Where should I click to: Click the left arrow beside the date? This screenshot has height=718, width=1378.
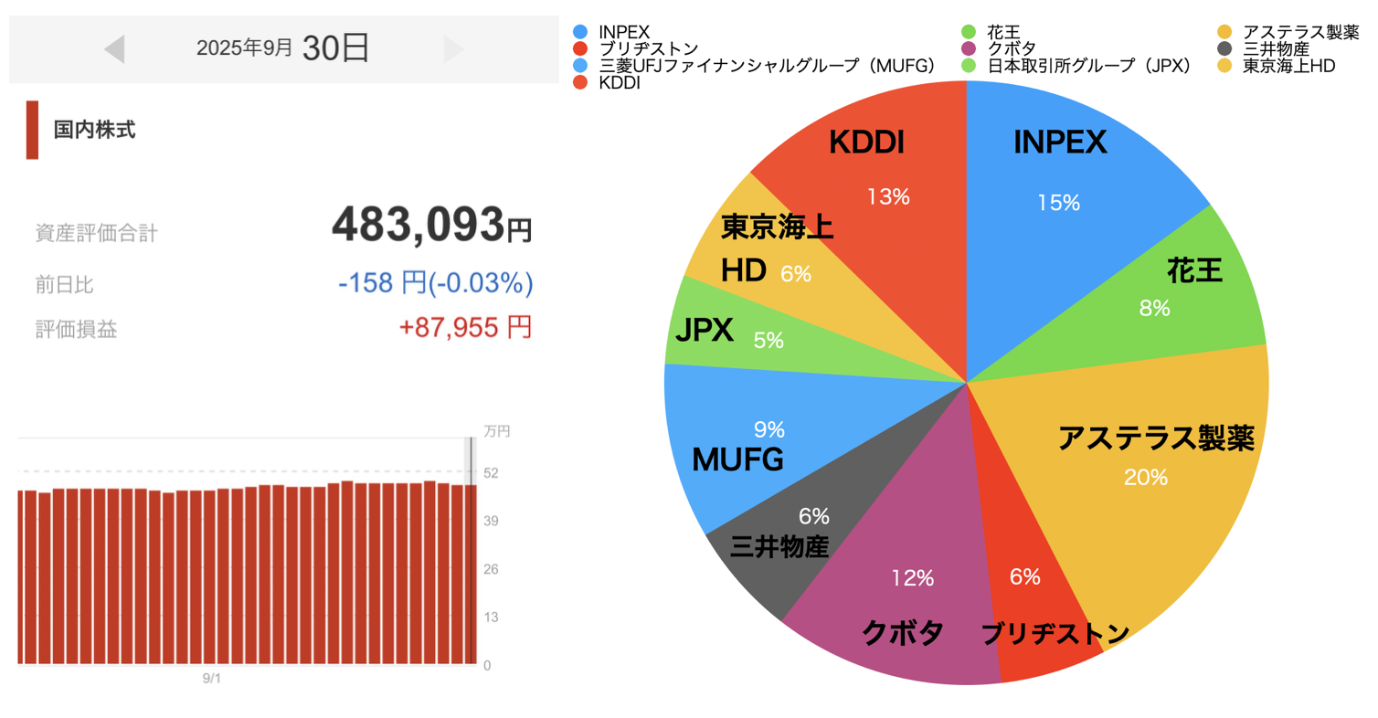[x=114, y=49]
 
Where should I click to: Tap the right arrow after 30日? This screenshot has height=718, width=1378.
[x=453, y=49]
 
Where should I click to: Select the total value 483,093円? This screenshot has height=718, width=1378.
[x=430, y=224]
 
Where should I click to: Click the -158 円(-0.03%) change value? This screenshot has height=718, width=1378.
[x=435, y=284]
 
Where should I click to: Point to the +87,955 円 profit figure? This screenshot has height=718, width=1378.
[x=465, y=328]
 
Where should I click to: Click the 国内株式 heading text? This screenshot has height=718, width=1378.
[x=94, y=130]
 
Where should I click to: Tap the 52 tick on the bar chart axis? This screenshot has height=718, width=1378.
[x=491, y=472]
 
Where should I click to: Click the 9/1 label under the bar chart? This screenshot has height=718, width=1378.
[x=212, y=679]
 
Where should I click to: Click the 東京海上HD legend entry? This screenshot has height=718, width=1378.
[x=1280, y=66]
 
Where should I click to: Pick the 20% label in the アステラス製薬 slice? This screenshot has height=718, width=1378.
[x=1147, y=477]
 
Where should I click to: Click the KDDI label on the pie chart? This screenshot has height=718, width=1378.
[x=865, y=143]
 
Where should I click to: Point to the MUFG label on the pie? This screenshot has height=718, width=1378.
[x=737, y=459]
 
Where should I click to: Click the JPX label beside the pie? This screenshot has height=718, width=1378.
[x=705, y=330]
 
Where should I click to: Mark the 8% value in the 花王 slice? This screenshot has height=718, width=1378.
[x=1154, y=309]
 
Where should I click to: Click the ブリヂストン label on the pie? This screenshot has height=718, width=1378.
[x=1055, y=634]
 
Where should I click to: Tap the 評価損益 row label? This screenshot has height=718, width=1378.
[x=76, y=330]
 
